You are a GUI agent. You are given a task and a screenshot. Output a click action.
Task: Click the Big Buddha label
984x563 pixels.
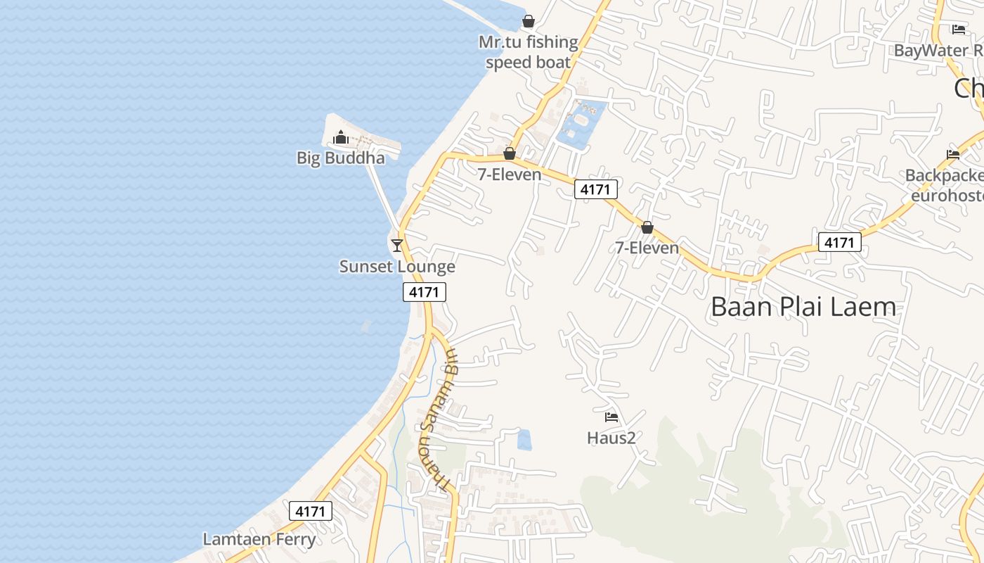(x=341, y=158)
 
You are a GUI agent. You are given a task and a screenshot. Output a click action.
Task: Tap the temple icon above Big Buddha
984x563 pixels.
(x=341, y=137)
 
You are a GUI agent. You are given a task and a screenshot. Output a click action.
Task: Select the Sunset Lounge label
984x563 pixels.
(x=397, y=267)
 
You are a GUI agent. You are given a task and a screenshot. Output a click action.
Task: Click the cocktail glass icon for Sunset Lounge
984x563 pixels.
(x=397, y=245)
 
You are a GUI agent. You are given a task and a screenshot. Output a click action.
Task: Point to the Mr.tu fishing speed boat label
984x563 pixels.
(x=529, y=52)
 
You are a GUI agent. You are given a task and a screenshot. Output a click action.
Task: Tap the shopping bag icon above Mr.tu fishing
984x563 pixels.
(x=529, y=21)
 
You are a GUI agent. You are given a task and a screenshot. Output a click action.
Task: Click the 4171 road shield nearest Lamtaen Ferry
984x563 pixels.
(x=310, y=511)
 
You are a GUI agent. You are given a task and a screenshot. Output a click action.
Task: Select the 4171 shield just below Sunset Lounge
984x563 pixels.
(x=425, y=291)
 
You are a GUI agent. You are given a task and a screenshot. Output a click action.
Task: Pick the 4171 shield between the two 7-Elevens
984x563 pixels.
(x=596, y=189)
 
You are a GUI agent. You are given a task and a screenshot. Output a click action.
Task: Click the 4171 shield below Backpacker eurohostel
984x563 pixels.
(x=839, y=242)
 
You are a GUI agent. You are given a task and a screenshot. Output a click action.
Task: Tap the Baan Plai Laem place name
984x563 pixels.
(x=803, y=307)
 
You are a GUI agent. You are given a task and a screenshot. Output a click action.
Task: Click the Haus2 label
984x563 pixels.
(x=611, y=438)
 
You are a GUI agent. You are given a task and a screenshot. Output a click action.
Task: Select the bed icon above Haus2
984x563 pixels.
(x=611, y=417)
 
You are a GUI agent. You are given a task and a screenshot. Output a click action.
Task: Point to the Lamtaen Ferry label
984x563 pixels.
(x=259, y=540)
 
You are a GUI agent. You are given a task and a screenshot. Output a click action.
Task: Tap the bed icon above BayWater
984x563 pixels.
(x=959, y=30)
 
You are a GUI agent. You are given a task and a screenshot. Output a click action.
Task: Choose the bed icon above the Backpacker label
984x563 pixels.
(x=953, y=155)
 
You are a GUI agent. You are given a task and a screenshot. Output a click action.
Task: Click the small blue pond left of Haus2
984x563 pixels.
(x=524, y=440)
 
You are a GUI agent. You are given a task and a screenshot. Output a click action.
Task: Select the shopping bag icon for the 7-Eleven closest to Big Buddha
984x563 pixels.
(x=510, y=153)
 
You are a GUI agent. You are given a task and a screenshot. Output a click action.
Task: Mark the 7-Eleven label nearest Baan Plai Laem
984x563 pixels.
(x=647, y=248)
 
